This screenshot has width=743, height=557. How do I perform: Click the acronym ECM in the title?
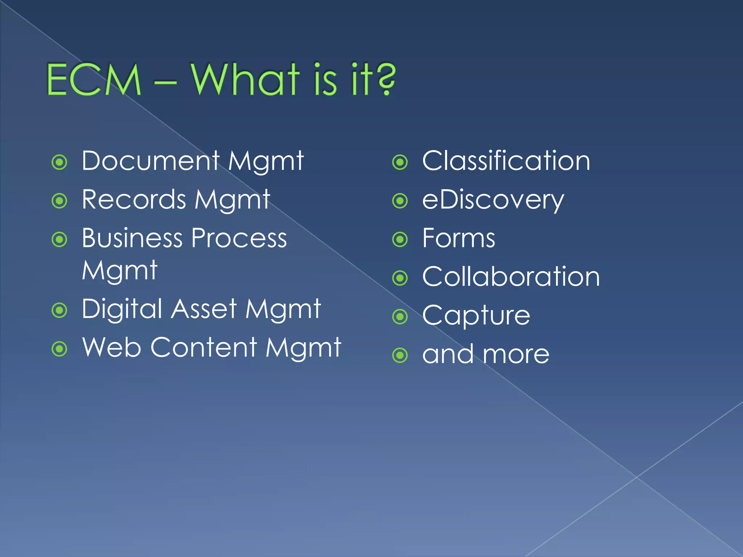94,80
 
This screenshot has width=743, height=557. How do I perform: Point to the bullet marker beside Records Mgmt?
59,201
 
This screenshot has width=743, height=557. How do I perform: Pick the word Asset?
204,309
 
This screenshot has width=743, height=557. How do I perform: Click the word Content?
204,347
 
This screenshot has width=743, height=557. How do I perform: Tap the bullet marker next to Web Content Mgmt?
59,349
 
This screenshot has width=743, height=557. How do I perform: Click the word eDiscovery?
493,200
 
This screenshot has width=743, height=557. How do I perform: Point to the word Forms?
459,239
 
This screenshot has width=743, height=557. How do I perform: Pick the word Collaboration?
511,277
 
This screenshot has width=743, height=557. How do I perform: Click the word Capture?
476,316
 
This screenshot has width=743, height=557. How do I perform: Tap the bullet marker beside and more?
400,355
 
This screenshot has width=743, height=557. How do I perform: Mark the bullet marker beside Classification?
400,162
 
